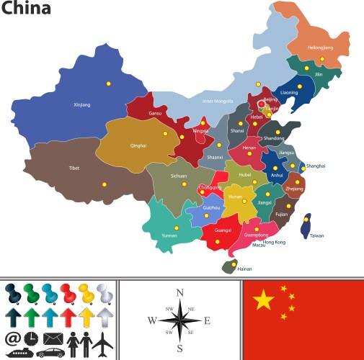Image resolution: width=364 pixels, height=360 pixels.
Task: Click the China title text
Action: point(26,9)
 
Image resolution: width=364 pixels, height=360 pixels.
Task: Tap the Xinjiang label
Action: point(82,104)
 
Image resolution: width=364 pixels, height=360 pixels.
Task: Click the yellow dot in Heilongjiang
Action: point(322,58)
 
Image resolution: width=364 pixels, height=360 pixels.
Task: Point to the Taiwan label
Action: point(316,235)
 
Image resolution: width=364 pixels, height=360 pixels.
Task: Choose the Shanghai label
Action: point(316,166)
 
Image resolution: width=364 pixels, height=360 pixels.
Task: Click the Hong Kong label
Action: point(275,242)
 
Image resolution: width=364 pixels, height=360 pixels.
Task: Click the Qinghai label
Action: point(138,145)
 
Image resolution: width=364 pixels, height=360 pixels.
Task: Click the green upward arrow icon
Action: point(31,317)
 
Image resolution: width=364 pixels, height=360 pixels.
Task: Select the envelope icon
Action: point(53,338)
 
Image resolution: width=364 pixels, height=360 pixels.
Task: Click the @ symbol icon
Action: point(12,338)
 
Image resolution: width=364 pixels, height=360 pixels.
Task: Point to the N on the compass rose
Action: point(180,292)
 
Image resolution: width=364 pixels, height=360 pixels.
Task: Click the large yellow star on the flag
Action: point(264,299)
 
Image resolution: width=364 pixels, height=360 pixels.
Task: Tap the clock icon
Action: point(31,338)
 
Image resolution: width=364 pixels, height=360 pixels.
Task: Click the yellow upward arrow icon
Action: point(86,317)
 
